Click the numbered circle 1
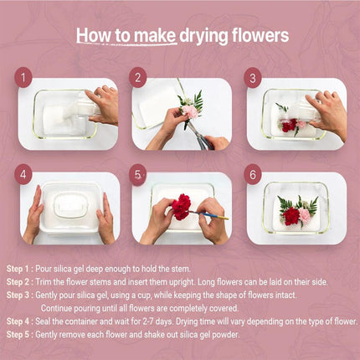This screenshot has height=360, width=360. click(x=23, y=77)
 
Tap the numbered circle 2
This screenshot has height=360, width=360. click(x=138, y=77)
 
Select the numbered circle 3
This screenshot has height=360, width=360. click(x=253, y=78)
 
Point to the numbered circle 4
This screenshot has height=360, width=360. click(x=23, y=174)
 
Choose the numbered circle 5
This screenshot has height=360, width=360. click(x=138, y=175)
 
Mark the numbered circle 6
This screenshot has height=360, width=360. click(x=253, y=175)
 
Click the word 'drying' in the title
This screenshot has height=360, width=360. click(x=203, y=36)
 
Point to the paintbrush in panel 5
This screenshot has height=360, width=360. click(x=208, y=214)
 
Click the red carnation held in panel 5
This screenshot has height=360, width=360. click(x=182, y=207)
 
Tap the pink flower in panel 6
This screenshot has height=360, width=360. click(x=305, y=215)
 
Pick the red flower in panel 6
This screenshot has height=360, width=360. click(x=291, y=216)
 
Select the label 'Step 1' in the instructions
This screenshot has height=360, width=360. click(x=18, y=269)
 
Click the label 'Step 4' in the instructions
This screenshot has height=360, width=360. click(x=18, y=321)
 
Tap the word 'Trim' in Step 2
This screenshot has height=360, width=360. click(x=44, y=282)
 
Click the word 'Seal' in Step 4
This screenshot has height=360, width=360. click(x=43, y=321)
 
